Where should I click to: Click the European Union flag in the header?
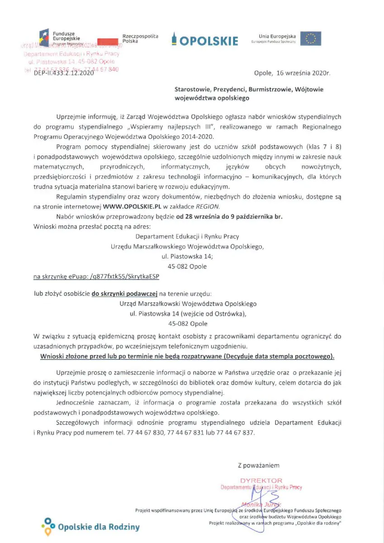[x=311, y=38]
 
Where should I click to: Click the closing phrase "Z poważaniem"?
[x=258, y=465]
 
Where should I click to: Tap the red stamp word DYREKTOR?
[x=261, y=481]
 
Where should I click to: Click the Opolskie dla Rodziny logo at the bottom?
[x=90, y=527]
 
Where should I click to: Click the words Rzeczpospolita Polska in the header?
[x=141, y=38]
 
